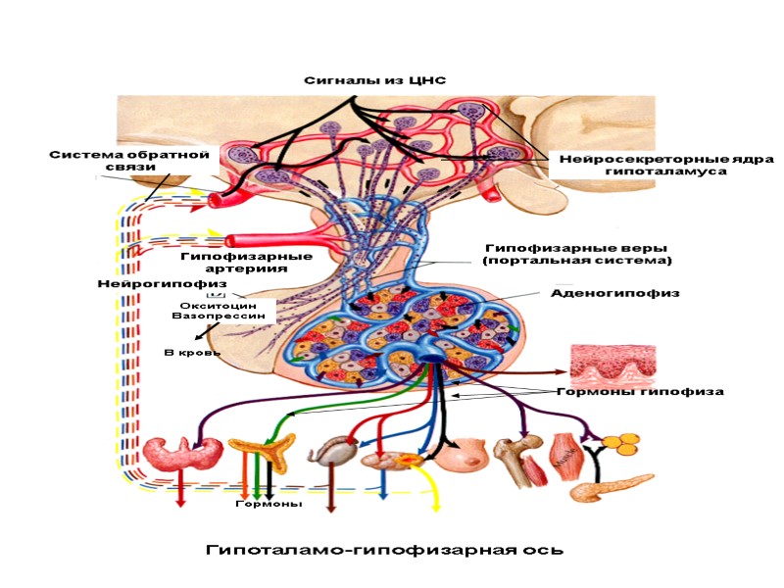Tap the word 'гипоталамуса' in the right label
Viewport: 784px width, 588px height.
click(665, 171)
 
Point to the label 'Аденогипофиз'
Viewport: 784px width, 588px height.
click(615, 292)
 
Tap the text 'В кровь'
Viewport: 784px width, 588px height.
click(192, 352)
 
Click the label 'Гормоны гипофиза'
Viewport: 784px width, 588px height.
click(640, 391)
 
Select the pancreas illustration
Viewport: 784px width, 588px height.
click(610, 486)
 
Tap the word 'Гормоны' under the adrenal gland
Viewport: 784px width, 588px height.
click(269, 504)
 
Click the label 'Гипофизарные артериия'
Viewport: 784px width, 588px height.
click(246, 262)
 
